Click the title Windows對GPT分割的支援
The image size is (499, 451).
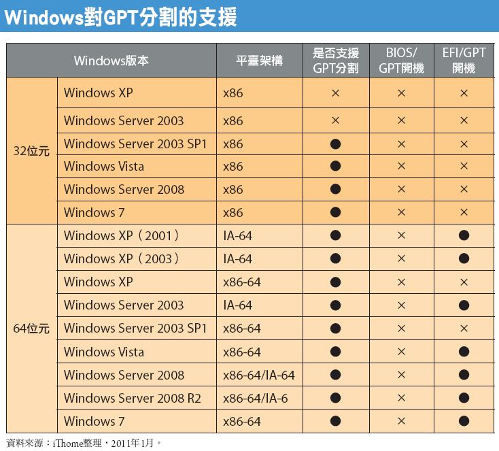pyautogui.click(x=121, y=17)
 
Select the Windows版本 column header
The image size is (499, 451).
pyautogui.click(x=111, y=61)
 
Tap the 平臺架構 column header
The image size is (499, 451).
pyautogui.click(x=259, y=61)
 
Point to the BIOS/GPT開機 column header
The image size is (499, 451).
pyautogui.click(x=401, y=61)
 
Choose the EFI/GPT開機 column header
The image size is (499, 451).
pyautogui.click(x=464, y=61)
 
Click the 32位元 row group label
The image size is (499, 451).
pyautogui.click(x=32, y=151)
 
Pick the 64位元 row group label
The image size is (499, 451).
pyautogui.click(x=32, y=329)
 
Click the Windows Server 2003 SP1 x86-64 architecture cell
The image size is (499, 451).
pyautogui.click(x=242, y=329)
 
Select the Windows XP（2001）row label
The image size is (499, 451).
pyautogui.click(x=122, y=236)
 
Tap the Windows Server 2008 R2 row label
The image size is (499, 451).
pyautogui.click(x=133, y=398)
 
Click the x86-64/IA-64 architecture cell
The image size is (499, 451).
pyautogui.click(x=259, y=375)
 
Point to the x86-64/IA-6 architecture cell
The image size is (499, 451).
pyautogui.click(x=256, y=398)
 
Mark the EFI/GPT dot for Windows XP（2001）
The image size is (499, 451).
pyautogui.click(x=464, y=236)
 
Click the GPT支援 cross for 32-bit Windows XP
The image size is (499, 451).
pyautogui.click(x=335, y=93)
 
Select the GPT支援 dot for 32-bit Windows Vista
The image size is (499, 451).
pyautogui.click(x=335, y=167)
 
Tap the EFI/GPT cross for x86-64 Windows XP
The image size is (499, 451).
pyautogui.click(x=464, y=282)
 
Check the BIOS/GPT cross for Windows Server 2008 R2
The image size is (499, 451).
pyautogui.click(x=401, y=398)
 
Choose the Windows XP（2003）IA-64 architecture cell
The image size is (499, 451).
pyautogui.click(x=238, y=259)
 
